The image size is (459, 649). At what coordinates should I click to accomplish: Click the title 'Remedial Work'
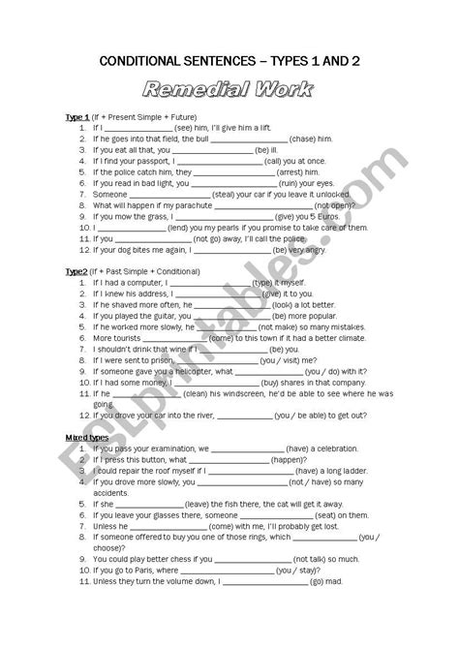[x=229, y=91]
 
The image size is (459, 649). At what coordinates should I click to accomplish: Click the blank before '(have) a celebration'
[x=247, y=449]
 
